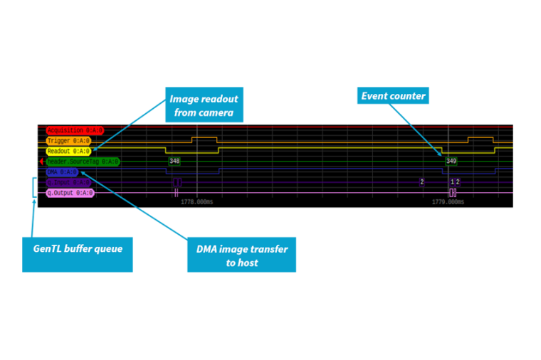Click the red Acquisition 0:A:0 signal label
tap(75, 131)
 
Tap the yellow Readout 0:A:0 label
tap(68, 152)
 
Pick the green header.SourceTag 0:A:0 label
tap(83, 162)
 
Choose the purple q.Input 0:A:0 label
tap(68, 183)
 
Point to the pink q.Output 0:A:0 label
tap(70, 193)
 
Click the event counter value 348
tap(174, 162)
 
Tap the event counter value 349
tap(451, 162)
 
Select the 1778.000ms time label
tap(196, 202)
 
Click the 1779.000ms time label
tap(448, 202)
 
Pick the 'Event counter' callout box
tap(393, 96)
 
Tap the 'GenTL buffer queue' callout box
tap(78, 250)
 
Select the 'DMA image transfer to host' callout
tap(241, 254)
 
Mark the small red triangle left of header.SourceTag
tap(42, 162)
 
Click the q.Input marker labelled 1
tap(451, 182)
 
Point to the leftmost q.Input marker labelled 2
tap(421, 182)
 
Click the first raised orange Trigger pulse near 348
tap(204, 138)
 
